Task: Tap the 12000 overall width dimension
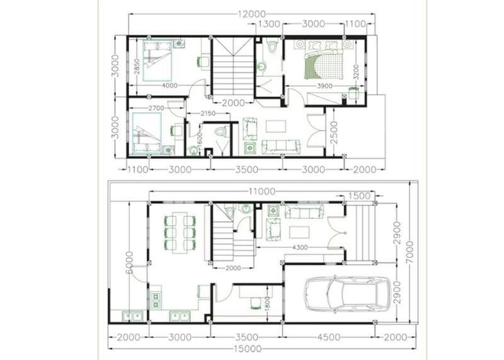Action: [x=251, y=14]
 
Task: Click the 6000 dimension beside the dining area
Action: [x=129, y=262]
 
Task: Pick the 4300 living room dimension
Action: [x=300, y=247]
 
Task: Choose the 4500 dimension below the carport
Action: [x=328, y=337]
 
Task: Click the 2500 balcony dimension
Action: [x=334, y=132]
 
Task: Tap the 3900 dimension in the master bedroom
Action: [x=324, y=86]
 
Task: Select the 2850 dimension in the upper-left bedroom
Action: [x=137, y=67]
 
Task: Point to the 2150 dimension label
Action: [x=208, y=113]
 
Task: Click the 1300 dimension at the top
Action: [x=269, y=24]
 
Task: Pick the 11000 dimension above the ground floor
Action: [x=262, y=192]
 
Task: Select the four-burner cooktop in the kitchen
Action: [x=156, y=300]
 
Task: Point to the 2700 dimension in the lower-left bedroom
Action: [x=156, y=108]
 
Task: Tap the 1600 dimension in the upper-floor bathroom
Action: [x=199, y=140]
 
